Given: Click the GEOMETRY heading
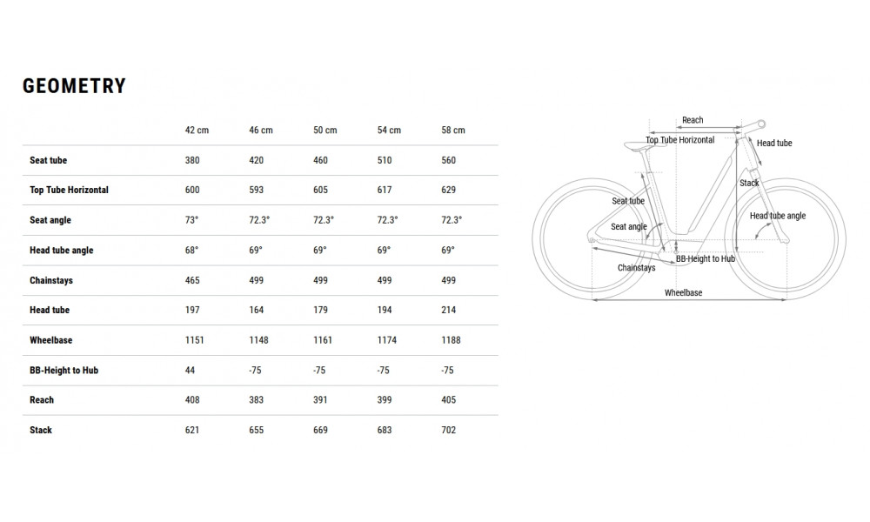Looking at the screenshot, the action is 74,86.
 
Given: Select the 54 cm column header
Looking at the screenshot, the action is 389,130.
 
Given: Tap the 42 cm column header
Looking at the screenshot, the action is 197,130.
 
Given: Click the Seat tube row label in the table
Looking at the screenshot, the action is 48,160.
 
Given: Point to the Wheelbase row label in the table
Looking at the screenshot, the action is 51,340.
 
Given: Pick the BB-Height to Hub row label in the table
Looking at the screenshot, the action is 64,370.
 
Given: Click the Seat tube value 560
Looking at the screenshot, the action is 448,160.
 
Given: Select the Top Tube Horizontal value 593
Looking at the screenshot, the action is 257,190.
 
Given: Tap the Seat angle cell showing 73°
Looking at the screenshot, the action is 191,219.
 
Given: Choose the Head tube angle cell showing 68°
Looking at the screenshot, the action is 191,251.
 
